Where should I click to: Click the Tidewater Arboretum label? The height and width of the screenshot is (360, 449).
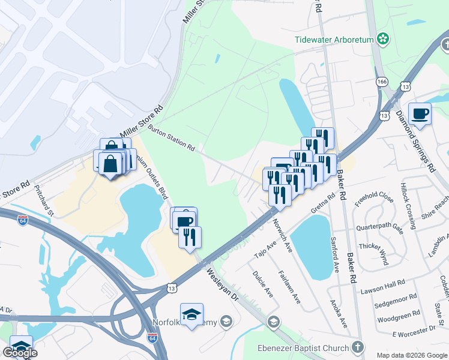334,40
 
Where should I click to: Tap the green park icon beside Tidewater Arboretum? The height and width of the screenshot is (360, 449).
383,40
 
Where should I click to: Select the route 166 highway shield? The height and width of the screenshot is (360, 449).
381,81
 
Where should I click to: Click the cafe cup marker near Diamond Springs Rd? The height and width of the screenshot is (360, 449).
420,113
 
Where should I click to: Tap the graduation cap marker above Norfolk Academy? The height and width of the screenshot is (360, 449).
191,314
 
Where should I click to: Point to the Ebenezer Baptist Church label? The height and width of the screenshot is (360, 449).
311,348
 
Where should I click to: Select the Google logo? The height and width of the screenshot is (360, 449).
20,353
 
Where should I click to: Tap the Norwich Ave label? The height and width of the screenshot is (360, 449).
281,229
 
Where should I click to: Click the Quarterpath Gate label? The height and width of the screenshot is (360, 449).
379,227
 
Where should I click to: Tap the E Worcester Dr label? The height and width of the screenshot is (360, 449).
413,331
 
